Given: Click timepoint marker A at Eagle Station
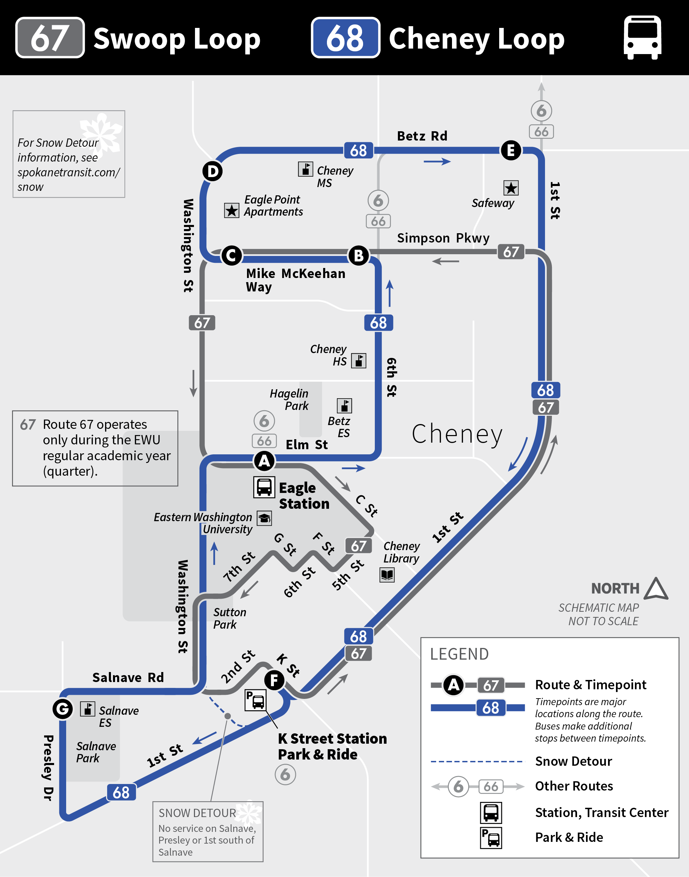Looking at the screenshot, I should pyautogui.click(x=264, y=460).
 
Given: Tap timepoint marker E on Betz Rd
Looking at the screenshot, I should pyautogui.click(x=511, y=151).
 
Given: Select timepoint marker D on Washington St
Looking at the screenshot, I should pyautogui.click(x=213, y=172).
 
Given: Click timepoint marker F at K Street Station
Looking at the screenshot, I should pyautogui.click(x=274, y=680).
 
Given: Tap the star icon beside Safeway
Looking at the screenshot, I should pyautogui.click(x=511, y=188).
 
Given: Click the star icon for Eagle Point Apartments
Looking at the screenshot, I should pyautogui.click(x=232, y=210).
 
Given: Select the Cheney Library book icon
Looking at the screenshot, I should pyautogui.click(x=387, y=575).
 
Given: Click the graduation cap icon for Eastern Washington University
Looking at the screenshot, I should pyautogui.click(x=265, y=518).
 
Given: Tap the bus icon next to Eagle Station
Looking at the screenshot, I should pyautogui.click(x=264, y=487).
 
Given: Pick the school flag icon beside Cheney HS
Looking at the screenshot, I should pyautogui.click(x=359, y=361).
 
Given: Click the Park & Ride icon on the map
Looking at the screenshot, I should pyautogui.click(x=255, y=700).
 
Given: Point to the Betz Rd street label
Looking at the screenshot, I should pyautogui.click(x=422, y=136).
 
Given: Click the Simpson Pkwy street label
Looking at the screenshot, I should pyautogui.click(x=443, y=238).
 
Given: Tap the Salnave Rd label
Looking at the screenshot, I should pyautogui.click(x=128, y=677).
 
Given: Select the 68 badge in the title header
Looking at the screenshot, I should pyautogui.click(x=345, y=38).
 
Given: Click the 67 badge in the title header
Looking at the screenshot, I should pyautogui.click(x=50, y=38).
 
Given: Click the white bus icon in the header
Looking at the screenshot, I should pyautogui.click(x=642, y=38).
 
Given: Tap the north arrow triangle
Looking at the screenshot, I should pyautogui.click(x=656, y=589).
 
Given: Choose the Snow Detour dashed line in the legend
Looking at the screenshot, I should pyautogui.click(x=476, y=761).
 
